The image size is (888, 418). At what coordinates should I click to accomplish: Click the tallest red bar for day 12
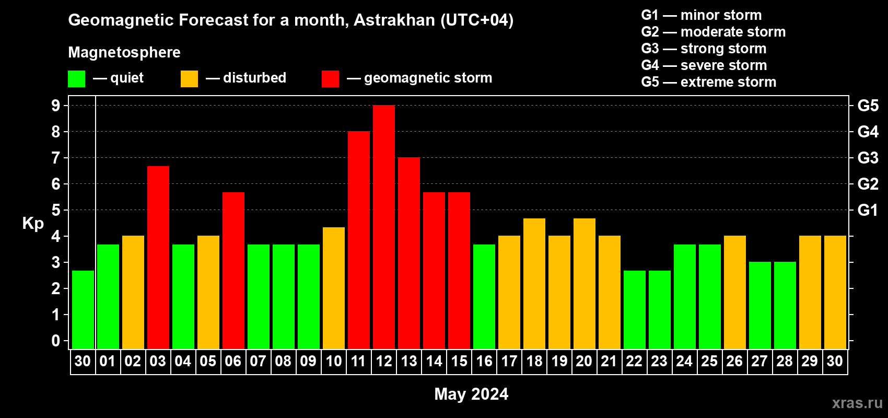pyautogui.click(x=384, y=227)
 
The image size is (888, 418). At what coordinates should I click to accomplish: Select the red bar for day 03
pyautogui.click(x=158, y=258)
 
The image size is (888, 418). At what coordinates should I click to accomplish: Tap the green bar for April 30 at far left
pyautogui.click(x=83, y=310)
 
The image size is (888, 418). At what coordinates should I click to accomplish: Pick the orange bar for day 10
pyautogui.click(x=334, y=288)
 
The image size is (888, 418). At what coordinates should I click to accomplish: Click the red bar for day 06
pyautogui.click(x=233, y=271)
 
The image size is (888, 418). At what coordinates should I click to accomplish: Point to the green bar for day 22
pyautogui.click(x=635, y=310)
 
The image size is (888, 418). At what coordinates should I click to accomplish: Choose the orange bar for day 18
pyautogui.click(x=534, y=284)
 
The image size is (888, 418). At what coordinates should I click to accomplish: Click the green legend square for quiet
pyautogui.click(x=76, y=78)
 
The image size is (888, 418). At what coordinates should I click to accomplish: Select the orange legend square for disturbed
pyautogui.click(x=189, y=78)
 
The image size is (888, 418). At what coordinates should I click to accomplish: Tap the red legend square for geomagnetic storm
pyautogui.click(x=330, y=78)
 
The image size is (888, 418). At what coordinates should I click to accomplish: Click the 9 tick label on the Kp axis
pyautogui.click(x=55, y=106)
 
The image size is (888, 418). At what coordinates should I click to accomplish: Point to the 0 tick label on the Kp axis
pyautogui.click(x=55, y=341)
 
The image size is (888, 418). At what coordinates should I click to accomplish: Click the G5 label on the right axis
pyautogui.click(x=868, y=106)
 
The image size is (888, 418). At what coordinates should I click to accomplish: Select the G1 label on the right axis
pyautogui.click(x=868, y=210)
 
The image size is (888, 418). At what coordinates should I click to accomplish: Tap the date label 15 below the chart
pyautogui.click(x=459, y=361)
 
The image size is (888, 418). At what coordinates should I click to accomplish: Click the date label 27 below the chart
pyautogui.click(x=760, y=361)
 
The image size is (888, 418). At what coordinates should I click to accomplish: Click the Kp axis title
pyautogui.click(x=33, y=224)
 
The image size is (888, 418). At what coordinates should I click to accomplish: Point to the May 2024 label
pyautogui.click(x=471, y=394)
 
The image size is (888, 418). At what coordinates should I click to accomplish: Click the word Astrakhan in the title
pyautogui.click(x=394, y=20)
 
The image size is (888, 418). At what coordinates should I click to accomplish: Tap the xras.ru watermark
pyautogui.click(x=857, y=403)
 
